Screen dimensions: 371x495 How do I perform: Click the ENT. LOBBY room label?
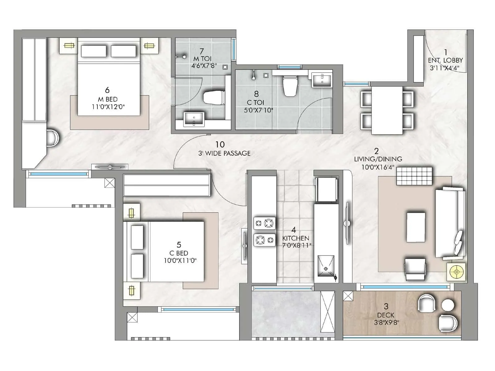tap(445, 60)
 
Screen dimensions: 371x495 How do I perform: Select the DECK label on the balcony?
tap(385, 315)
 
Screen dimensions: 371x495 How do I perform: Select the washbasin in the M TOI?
tap(194, 119)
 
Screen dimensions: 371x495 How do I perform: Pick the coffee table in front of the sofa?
tap(416, 227)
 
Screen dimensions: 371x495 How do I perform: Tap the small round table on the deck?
tap(447, 305)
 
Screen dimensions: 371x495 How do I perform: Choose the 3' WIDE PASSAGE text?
tap(224, 153)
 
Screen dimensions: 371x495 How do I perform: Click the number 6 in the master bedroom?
tap(107, 90)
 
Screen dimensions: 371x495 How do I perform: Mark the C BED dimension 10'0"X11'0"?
tap(180, 261)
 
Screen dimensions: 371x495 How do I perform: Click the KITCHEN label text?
tap(295, 238)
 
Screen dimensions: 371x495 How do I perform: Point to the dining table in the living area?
tap(387, 110)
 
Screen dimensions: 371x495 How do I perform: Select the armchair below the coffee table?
tap(415, 269)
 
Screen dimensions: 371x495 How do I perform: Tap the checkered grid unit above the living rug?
tap(414, 176)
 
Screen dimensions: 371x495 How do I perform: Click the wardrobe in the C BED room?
tap(167, 185)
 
